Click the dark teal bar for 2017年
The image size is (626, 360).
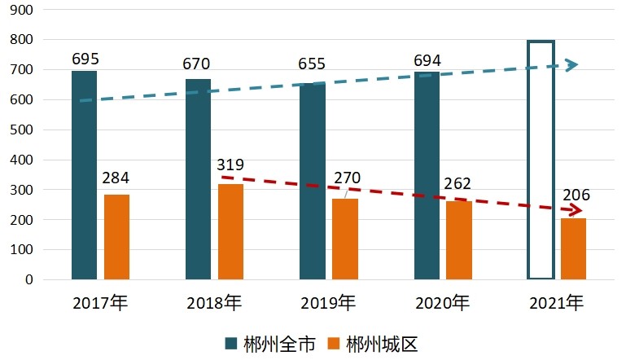pyautogui.click(x=84, y=175)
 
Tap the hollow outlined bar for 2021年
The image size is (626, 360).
pyautogui.click(x=541, y=160)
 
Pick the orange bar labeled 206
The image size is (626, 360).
pyautogui.click(x=573, y=248)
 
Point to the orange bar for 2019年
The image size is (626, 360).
pyautogui.click(x=344, y=239)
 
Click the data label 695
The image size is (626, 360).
pyautogui.click(x=85, y=59)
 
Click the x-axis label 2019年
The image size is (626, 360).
pyautogui.click(x=328, y=304)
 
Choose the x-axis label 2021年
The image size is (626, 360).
pyautogui.click(x=556, y=304)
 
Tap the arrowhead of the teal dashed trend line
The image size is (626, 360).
pyautogui.click(x=572, y=64)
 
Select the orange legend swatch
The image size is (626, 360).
pyautogui.click(x=335, y=344)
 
